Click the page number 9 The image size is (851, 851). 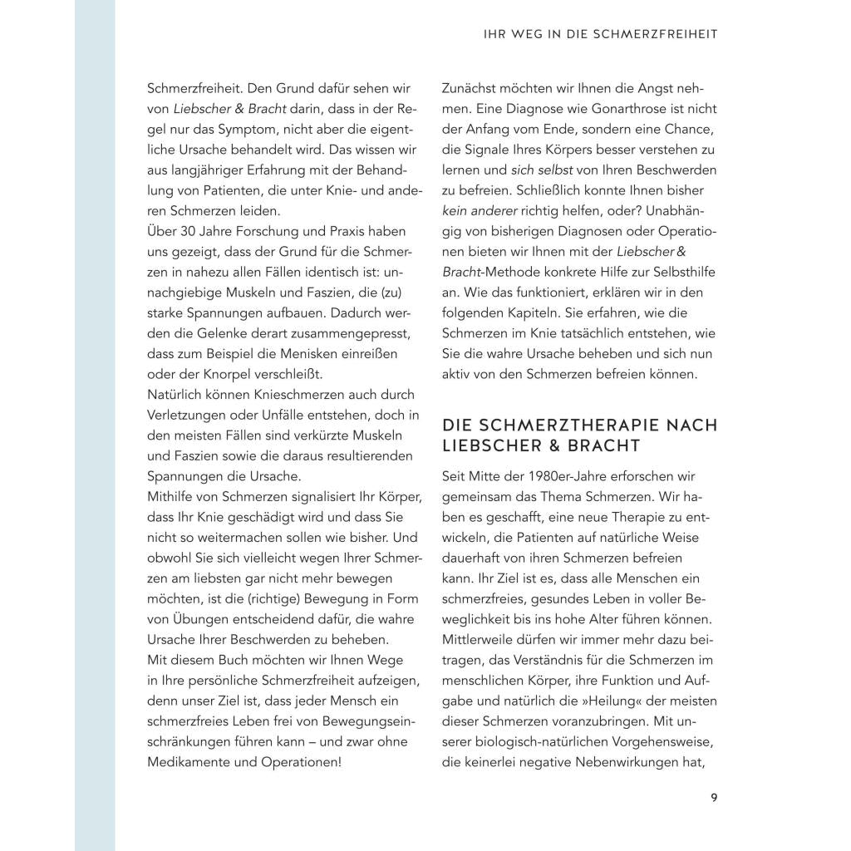pos(714,799)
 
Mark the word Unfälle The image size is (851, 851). pos(304,415)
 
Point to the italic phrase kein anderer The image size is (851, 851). pos(479,210)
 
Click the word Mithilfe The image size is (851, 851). pos(174,497)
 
